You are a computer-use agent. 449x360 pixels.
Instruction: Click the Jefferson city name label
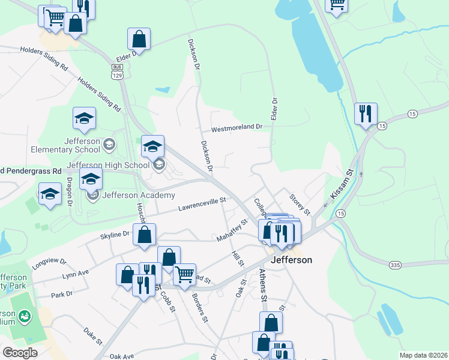(x=292, y=260)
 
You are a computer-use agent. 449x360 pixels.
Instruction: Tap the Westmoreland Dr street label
(x=237, y=128)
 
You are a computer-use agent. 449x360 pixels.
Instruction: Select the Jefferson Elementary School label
(x=83, y=145)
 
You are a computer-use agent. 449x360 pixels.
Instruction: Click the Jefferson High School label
(x=108, y=165)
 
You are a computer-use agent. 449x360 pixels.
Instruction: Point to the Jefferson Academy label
(x=139, y=195)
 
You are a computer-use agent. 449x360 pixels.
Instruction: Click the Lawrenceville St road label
(x=202, y=205)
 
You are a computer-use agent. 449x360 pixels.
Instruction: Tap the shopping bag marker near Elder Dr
(x=139, y=40)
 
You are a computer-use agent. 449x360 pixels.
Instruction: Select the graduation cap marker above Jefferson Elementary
(x=84, y=118)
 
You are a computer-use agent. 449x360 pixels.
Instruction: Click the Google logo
(x=20, y=352)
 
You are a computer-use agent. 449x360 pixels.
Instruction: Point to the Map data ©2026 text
(x=423, y=355)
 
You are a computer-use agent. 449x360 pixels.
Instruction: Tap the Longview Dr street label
(x=50, y=262)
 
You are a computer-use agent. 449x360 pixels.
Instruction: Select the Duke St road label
(x=94, y=332)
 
